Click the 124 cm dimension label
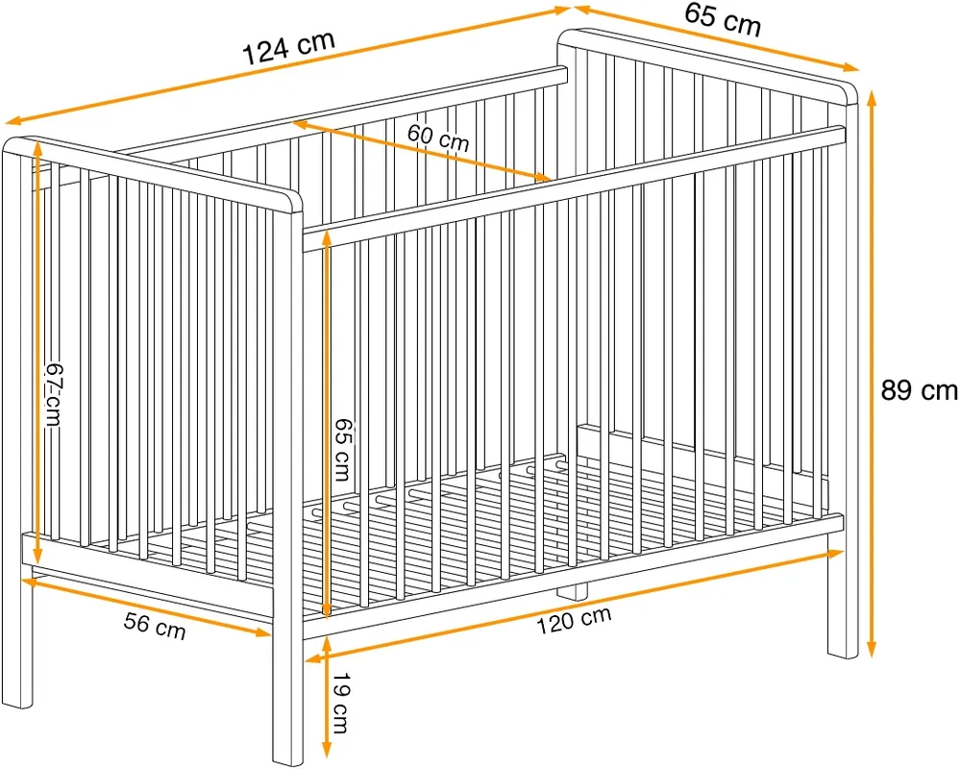pos(289,46)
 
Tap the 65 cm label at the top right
pos(723,19)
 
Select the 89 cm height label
pos(919,390)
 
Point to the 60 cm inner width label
pos(438,137)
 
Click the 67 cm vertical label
pos(54,395)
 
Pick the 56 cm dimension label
pos(155,625)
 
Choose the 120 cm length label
pos(574,621)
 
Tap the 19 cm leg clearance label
pos(340,703)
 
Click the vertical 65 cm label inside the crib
pos(343,450)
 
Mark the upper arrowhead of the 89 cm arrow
pos(873,99)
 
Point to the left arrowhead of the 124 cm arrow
pos(13,120)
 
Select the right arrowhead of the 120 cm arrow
pos(834,554)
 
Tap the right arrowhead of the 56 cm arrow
pos(262,632)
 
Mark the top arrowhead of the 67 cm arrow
pos(38,150)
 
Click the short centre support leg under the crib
pos(573,590)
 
